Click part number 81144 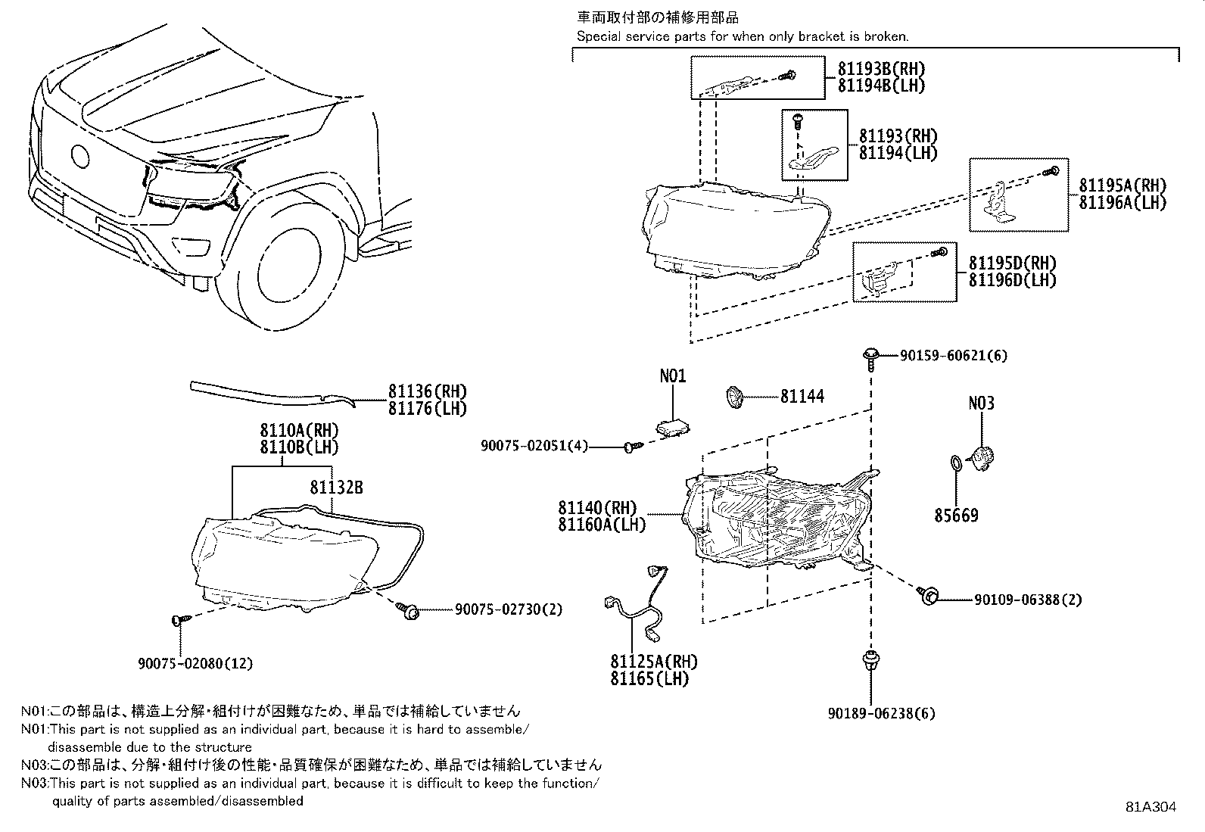802,396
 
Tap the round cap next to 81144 733,396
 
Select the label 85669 956,516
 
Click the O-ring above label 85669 956,463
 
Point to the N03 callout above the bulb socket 981,404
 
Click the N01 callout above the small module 672,376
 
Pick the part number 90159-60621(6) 954,355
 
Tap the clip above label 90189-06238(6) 870,660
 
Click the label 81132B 336,488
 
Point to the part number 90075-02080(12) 195,663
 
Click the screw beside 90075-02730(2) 409,610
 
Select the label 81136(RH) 428,391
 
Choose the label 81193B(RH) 881,68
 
